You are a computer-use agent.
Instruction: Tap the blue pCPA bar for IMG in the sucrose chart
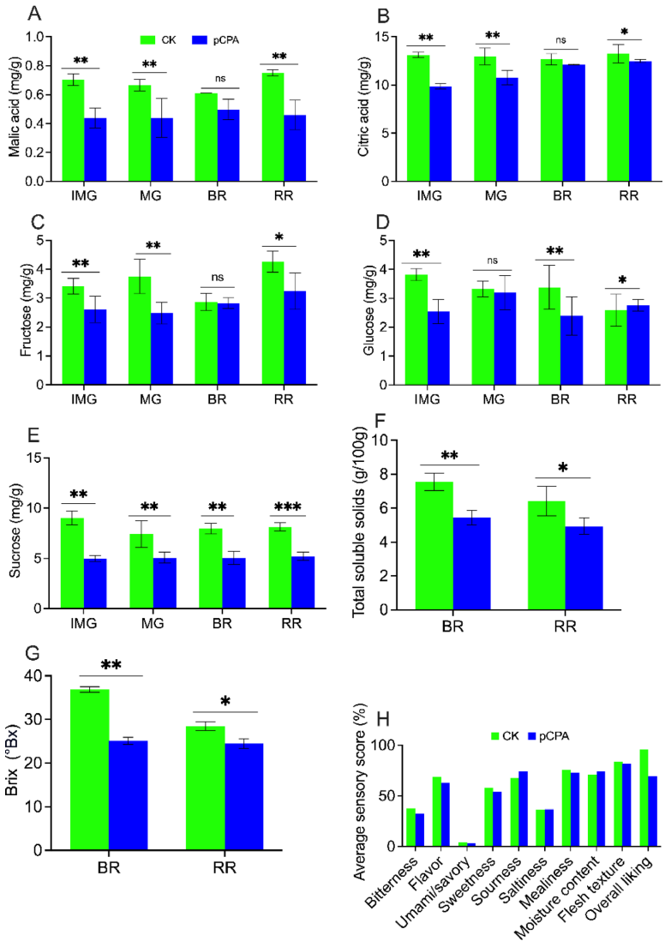pyautogui.click(x=95, y=583)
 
